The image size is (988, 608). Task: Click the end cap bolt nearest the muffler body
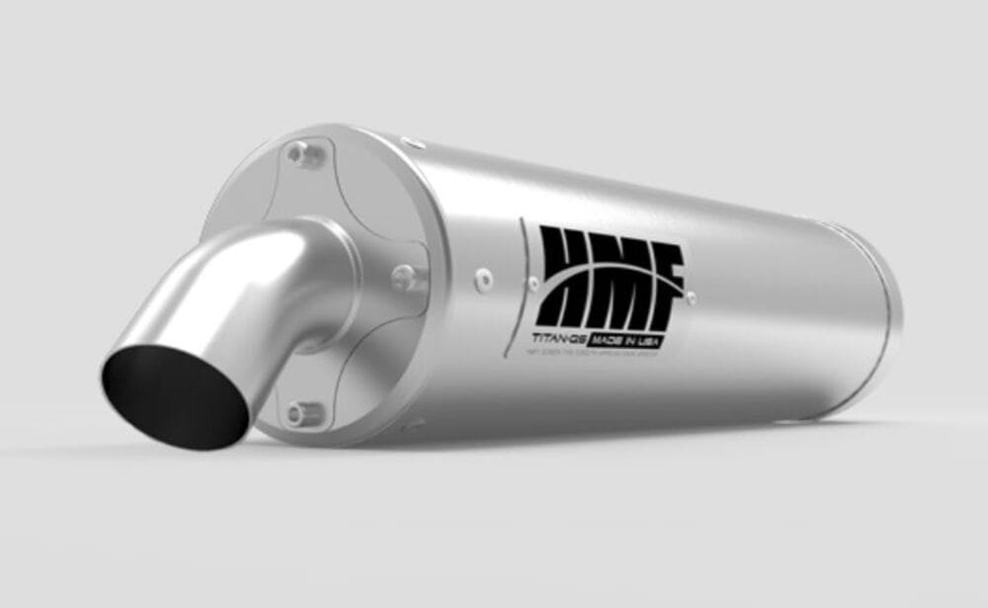[x=406, y=273]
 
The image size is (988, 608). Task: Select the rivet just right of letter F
[x=691, y=295]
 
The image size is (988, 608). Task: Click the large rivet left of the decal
[x=483, y=280]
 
